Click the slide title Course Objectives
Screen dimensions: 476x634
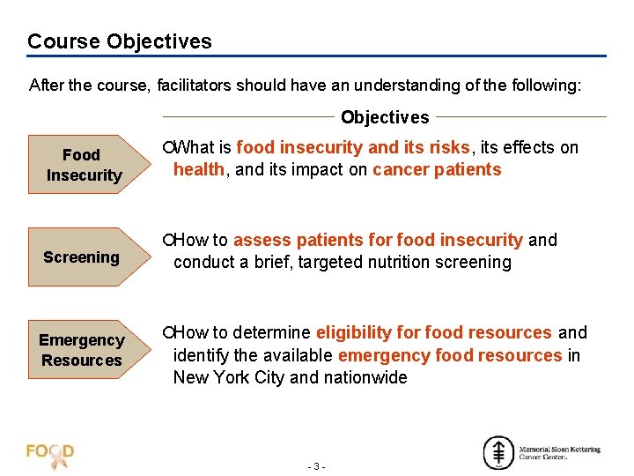click(120, 41)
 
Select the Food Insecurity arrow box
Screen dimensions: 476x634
click(84, 165)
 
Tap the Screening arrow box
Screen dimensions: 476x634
click(81, 257)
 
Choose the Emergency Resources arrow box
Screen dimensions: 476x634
click(81, 350)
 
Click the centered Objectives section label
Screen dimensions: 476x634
click(385, 117)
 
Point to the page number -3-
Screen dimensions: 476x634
click(317, 465)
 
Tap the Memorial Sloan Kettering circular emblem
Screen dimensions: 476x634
click(498, 452)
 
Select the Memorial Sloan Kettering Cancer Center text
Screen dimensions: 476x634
click(560, 452)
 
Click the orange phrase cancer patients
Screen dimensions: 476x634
click(437, 170)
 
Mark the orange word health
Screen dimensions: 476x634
click(199, 170)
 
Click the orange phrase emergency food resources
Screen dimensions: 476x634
click(450, 355)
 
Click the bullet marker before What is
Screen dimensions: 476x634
click(167, 148)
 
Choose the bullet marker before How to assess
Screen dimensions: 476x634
click(167, 241)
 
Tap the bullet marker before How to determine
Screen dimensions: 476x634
click(167, 333)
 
